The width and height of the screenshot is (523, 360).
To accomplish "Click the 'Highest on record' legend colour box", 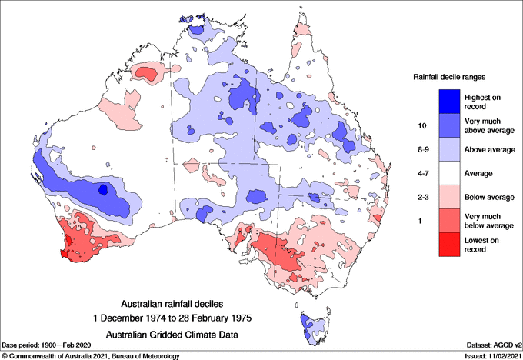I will (x=448, y=101).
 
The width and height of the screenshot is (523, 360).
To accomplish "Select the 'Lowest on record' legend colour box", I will (x=448, y=245).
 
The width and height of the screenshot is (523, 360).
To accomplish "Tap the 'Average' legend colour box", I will (x=448, y=173).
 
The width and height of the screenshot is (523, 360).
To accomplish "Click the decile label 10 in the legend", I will (x=422, y=125).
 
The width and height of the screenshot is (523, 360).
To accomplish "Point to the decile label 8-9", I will (x=422, y=149).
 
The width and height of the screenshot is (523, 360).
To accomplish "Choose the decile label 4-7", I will (x=422, y=173).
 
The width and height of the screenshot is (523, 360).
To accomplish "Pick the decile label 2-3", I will (x=422, y=197).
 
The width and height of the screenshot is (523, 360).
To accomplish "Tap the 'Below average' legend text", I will (x=488, y=198).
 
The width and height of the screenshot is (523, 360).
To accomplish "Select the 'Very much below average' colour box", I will (x=448, y=222).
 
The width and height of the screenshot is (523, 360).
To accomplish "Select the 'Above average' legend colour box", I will (x=448, y=149).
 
